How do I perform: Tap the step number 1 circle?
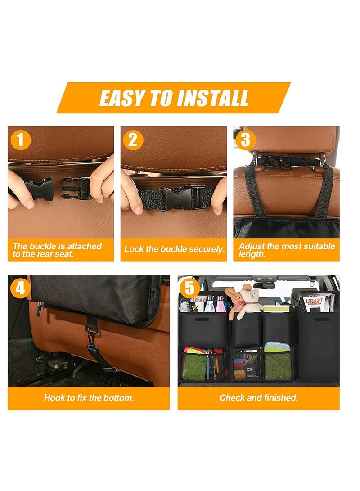tap(20, 140)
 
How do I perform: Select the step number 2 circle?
tap(133, 140)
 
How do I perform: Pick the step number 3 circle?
tap(245, 140)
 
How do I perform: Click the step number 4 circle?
tap(20, 288)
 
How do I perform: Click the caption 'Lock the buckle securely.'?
tap(174, 249)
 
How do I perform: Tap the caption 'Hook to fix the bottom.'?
tap(89, 397)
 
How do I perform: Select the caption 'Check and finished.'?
tap(258, 397)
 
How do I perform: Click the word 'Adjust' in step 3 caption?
tap(251, 246)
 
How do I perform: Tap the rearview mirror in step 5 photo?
tap(264, 285)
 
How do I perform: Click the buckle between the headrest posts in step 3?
tap(270, 160)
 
